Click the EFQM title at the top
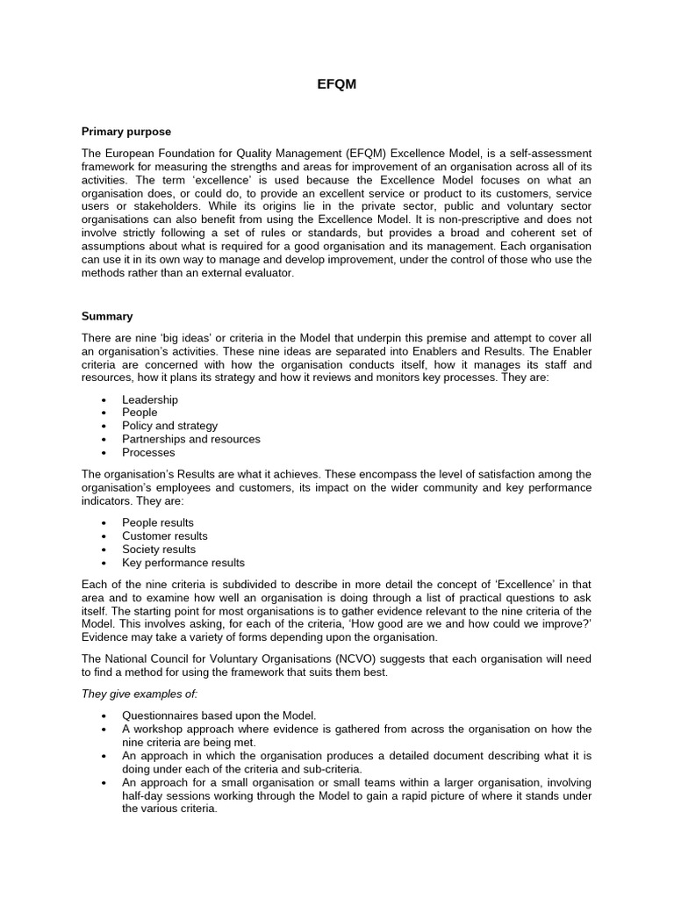336,84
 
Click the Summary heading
107,316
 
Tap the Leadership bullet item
150,399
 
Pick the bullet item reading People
140,413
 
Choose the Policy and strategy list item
169,426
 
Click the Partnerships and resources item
190,439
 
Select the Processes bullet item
148,453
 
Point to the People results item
158,522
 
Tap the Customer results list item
165,536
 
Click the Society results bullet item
159,550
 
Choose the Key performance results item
183,563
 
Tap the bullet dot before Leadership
104,400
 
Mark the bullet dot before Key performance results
104,564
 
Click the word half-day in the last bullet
141,795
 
